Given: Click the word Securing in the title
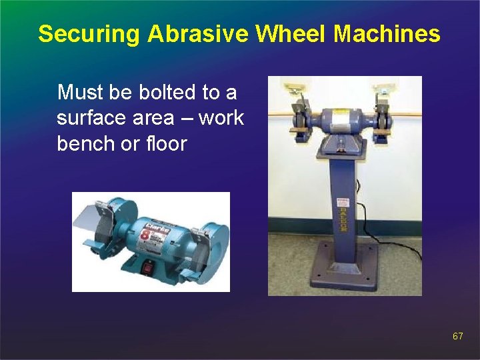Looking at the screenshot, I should (x=89, y=34).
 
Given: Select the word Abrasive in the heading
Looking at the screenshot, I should (x=193, y=34).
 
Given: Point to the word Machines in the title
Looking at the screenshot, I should (x=387, y=34).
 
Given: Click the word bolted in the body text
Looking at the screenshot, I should (x=169, y=91).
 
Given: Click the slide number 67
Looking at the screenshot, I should (x=457, y=337).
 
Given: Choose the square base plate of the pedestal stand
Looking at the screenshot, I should (x=345, y=270).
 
